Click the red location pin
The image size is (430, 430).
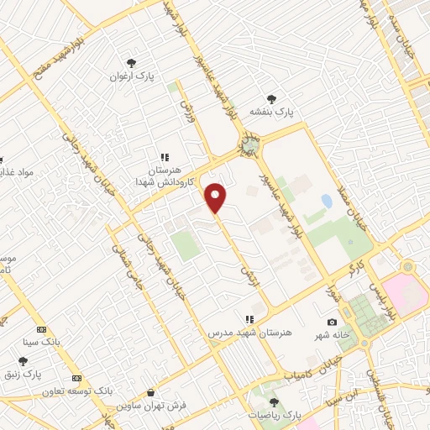tap(216, 197)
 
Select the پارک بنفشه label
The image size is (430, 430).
tap(272, 111)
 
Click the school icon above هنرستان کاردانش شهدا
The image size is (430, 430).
tap(165, 157)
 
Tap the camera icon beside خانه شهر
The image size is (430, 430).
tap(333, 322)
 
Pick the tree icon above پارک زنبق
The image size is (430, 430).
tap(34, 360)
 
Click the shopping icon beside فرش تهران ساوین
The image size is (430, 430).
tap(150, 392)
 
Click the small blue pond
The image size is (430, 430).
tap(326, 201)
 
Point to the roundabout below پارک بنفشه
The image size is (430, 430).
tap(250, 146)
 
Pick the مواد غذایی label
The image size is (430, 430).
tap(17, 172)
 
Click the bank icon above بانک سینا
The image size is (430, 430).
tap(42, 329)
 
